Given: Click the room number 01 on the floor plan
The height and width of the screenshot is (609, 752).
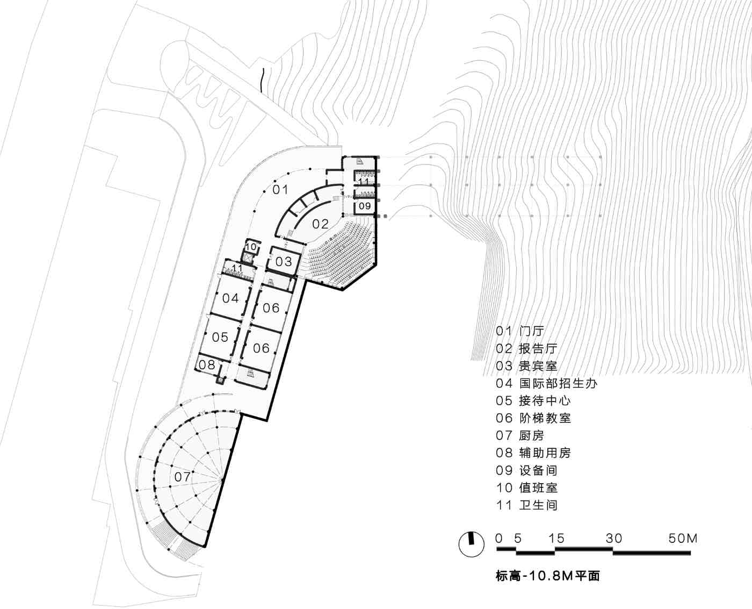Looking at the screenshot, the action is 280,190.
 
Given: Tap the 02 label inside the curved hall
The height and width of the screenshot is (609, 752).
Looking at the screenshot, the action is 320,224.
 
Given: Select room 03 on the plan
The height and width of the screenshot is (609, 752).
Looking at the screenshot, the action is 284,262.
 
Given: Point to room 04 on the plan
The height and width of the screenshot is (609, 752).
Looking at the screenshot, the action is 230,298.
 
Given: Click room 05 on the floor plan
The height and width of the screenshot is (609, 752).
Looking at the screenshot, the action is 220,338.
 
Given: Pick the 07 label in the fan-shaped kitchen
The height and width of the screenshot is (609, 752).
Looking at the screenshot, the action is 182,477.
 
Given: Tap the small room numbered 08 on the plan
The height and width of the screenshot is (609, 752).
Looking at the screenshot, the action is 207,365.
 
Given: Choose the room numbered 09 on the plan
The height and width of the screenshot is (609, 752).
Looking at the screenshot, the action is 365,205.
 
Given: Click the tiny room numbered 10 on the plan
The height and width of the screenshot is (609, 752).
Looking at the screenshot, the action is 251,247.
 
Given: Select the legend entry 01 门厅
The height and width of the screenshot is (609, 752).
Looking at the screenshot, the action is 520,331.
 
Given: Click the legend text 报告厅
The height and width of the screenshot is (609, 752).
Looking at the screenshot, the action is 538,349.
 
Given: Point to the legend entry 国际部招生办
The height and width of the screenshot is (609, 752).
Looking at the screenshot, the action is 558,383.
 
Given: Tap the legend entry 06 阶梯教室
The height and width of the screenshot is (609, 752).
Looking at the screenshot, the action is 533,418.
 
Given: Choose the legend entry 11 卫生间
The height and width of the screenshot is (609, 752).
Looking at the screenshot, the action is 526,505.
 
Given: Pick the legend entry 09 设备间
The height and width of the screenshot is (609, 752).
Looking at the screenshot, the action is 526,470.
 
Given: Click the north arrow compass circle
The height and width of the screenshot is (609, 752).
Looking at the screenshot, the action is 471,544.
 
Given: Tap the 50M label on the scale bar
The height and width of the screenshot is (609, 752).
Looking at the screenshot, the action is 683,539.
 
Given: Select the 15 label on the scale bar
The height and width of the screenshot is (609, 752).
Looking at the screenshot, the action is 556,539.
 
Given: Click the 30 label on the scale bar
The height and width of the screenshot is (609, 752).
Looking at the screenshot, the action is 613,539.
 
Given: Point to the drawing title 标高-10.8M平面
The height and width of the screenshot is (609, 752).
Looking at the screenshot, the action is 547,577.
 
